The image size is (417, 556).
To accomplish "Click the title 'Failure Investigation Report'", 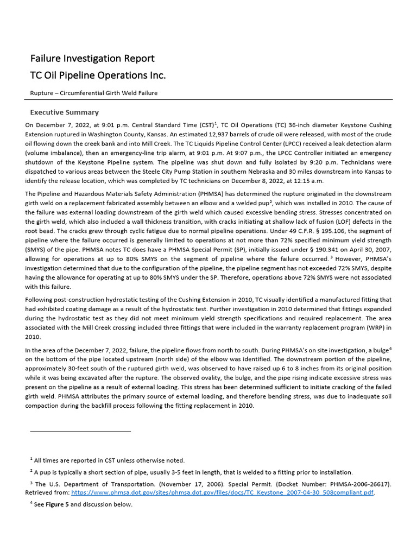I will point(92,58).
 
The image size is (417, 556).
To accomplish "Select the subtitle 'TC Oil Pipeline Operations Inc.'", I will point(98,75).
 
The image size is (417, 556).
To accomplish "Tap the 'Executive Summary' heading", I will point(64,112).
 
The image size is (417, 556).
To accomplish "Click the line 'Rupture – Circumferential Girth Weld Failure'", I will point(94,93).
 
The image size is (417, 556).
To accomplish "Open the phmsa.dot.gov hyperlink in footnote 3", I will point(223,492).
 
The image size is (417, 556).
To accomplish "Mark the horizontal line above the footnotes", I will point(80,431).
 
